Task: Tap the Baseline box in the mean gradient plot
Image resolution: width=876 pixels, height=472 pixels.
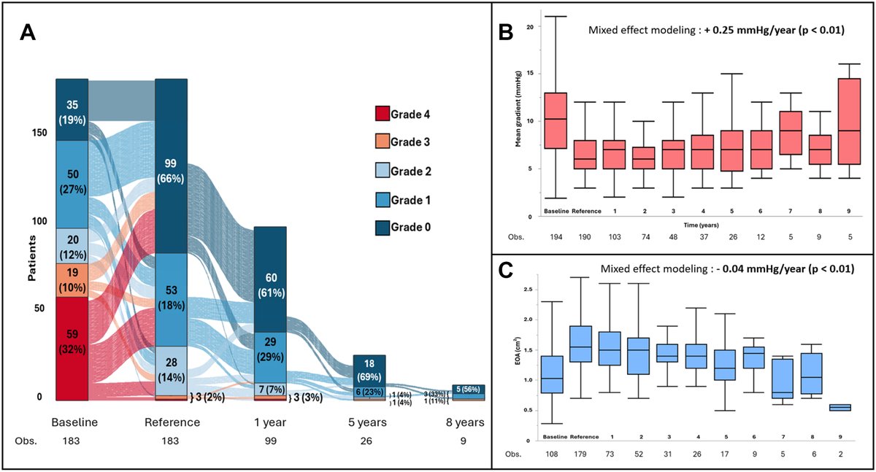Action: (x=556, y=120)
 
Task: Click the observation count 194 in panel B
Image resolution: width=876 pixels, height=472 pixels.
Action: (x=555, y=238)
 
